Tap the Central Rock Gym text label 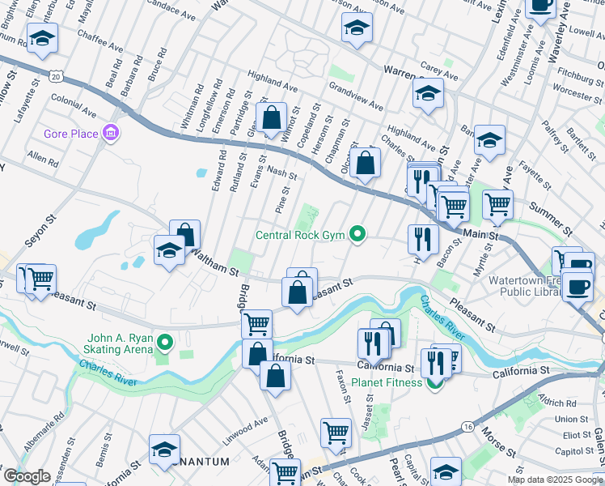300,236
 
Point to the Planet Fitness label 387,382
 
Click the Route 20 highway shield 55,75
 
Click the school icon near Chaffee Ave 40,38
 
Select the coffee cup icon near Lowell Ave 540,6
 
